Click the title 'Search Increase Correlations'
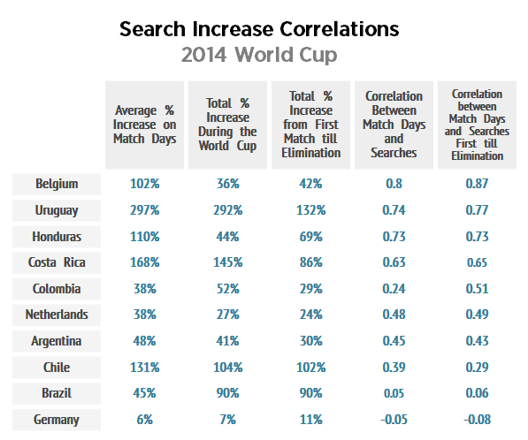pyautogui.click(x=259, y=29)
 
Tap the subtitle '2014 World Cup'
pyautogui.click(x=259, y=55)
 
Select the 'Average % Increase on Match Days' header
pyautogui.click(x=145, y=125)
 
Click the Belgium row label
pyautogui.click(x=57, y=184)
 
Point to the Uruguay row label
pyautogui.click(x=57, y=210)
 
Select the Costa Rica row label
pyautogui.click(x=57, y=262)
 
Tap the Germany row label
pyautogui.click(x=57, y=419)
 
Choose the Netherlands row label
pyautogui.click(x=57, y=315)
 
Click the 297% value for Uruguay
pyautogui.click(x=144, y=210)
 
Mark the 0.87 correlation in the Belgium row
pyautogui.click(x=477, y=184)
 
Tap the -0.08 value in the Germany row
pyautogui.click(x=477, y=419)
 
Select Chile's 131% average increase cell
pyautogui.click(x=144, y=367)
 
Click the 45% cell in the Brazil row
pyautogui.click(x=144, y=393)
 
